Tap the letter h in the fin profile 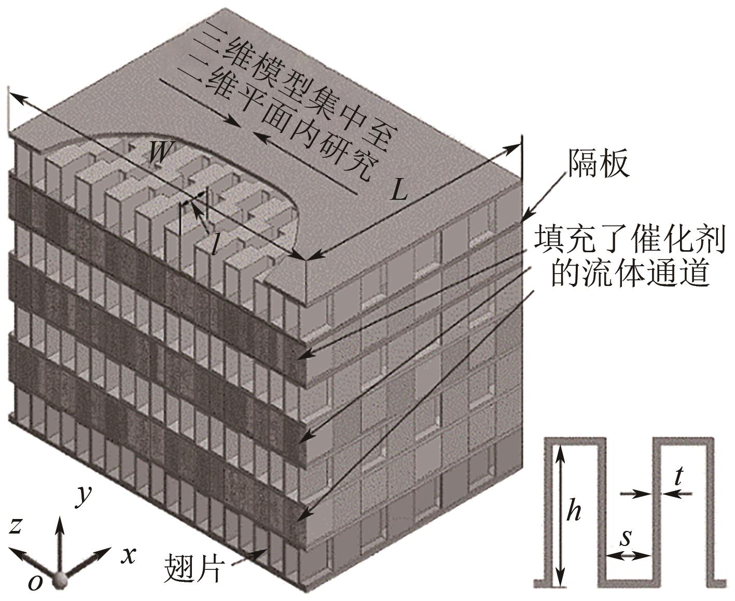[x=573, y=512]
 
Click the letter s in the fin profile [x=626, y=537]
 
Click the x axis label [x=128, y=555]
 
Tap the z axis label [x=16, y=526]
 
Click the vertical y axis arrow [x=61, y=545]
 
